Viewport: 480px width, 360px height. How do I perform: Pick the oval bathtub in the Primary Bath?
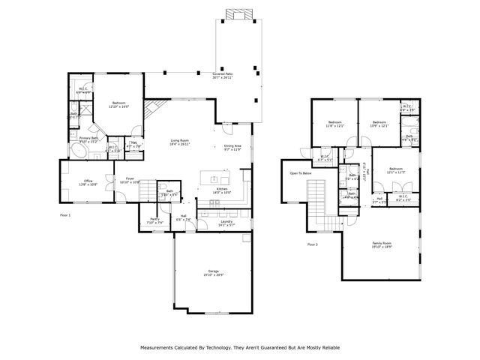tap(80, 152)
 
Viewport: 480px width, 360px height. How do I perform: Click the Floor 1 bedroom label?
tap(119, 105)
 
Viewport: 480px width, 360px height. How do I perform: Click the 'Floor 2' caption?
tap(312, 244)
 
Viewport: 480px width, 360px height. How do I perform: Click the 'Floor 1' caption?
tap(65, 214)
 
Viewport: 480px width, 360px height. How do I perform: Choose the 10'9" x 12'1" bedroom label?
tap(379, 124)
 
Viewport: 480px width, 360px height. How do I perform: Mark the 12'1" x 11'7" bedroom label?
tap(396, 171)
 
